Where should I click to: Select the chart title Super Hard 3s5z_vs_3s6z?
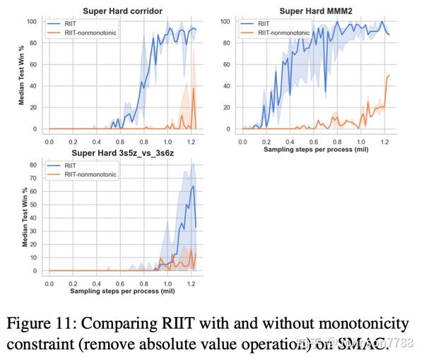coord(120,153)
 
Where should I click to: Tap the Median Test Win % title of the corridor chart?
coord(22,75)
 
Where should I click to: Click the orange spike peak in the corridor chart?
coord(194,88)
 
